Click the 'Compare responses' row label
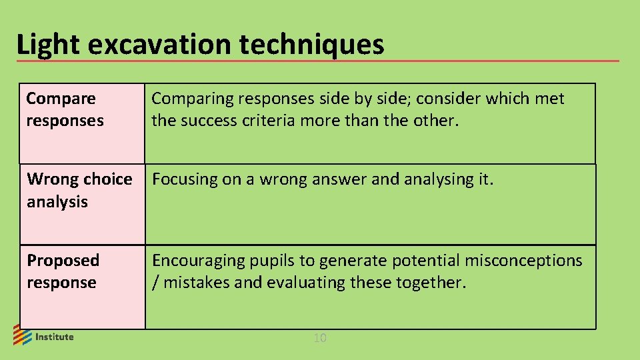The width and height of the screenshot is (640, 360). coord(65,109)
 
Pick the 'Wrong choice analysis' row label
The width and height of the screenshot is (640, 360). coord(79,190)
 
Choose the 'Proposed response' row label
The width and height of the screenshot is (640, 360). coord(63,271)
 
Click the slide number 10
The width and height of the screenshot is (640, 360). coord(320,339)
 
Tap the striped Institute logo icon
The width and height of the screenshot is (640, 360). coord(22,335)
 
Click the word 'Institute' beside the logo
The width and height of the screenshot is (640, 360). coord(54,337)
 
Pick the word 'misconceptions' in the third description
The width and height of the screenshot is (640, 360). coord(523,261)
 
